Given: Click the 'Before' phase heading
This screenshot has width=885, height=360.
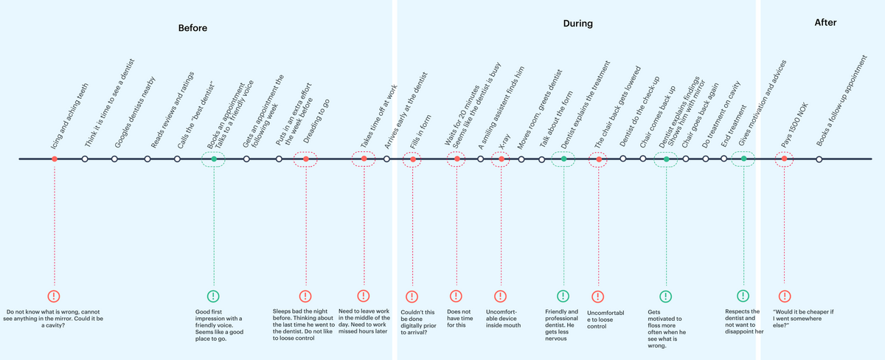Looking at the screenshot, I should coord(192,28).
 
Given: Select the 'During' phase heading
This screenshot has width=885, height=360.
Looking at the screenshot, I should coord(577,24).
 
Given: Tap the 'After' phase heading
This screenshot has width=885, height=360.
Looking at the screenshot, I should coord(825,23).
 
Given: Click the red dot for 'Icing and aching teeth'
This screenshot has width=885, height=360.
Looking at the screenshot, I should coord(55,159).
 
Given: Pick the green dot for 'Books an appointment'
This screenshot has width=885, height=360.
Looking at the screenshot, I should coord(214,159).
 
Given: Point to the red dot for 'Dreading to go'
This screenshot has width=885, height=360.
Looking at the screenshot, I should coord(305,159).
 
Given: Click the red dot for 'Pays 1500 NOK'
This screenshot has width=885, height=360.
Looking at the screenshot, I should coord(784,159).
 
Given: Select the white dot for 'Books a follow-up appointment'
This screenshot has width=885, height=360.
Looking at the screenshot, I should coord(819,159).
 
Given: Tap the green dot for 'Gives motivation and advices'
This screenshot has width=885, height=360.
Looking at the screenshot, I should coord(743,159).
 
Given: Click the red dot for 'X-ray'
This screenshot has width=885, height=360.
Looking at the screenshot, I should coord(502,159).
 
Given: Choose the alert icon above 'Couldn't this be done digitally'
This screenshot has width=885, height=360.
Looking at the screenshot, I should coord(413,296).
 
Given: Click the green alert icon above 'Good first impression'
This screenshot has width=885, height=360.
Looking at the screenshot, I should coord(213,296).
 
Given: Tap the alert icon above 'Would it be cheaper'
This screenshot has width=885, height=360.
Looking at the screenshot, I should coord(784,296).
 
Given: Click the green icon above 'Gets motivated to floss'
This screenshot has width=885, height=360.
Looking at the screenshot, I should coord(666,296).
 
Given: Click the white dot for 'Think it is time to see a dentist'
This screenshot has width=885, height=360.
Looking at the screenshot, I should coord(85,159).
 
